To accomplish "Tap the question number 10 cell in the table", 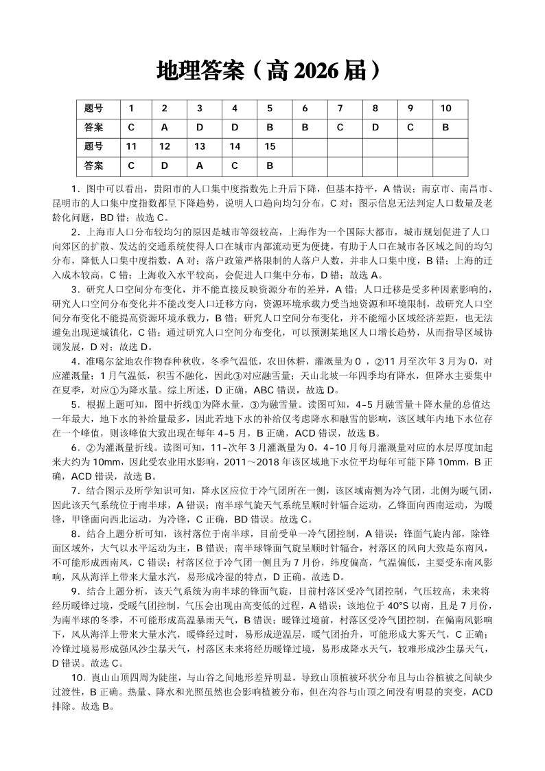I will [x=445, y=108].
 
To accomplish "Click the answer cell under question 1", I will [x=131, y=128].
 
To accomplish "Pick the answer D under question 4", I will [x=235, y=128].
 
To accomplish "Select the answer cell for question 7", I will [x=339, y=128].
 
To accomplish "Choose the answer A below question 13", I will [x=200, y=165].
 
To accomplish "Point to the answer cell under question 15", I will [x=270, y=165].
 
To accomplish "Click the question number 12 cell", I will [x=165, y=147].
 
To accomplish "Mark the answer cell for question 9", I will [x=410, y=128].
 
